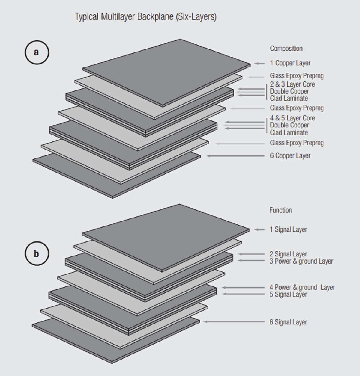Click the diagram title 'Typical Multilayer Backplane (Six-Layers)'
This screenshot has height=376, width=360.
click(x=145, y=17)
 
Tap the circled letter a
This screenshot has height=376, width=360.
click(x=37, y=52)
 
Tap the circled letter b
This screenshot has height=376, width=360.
click(x=37, y=254)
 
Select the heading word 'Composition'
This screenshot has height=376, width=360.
click(x=286, y=49)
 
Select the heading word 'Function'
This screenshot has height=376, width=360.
click(x=280, y=210)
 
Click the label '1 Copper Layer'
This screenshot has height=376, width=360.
click(x=290, y=63)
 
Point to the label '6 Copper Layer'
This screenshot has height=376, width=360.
click(x=290, y=155)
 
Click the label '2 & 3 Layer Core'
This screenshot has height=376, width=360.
click(x=292, y=84)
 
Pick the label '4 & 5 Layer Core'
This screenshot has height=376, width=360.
click(x=292, y=118)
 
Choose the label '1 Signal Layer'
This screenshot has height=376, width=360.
click(x=288, y=229)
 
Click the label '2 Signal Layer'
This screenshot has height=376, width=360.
click(x=288, y=254)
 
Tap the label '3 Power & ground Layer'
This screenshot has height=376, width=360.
click(x=301, y=261)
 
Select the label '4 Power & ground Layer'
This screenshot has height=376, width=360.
click(x=302, y=287)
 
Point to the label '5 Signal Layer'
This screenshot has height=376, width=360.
click(x=288, y=295)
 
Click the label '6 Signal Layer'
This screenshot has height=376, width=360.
click(x=288, y=322)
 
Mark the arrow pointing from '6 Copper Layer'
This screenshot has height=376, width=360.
click(x=235, y=156)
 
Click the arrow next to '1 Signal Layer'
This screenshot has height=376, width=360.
click(x=259, y=230)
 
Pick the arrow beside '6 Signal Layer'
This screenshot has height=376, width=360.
click(x=234, y=322)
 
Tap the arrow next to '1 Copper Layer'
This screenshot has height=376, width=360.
click(x=259, y=63)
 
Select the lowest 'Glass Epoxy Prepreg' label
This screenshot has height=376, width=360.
click(x=297, y=143)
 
